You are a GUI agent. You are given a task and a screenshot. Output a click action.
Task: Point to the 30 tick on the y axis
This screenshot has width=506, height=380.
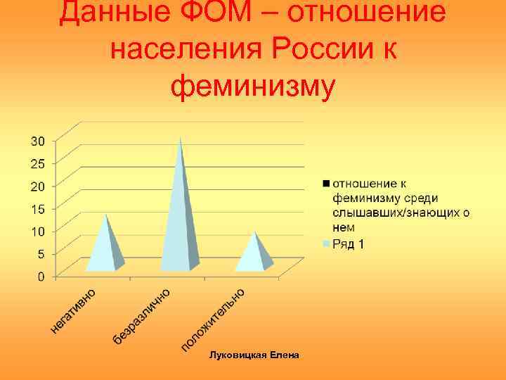point(37,141)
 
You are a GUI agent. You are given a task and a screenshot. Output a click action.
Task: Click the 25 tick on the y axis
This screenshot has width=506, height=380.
point(37,163)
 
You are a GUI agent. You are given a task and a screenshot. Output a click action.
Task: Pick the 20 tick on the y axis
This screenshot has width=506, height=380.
point(37,186)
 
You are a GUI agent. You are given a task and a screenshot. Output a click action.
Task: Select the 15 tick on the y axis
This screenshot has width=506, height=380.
point(37,208)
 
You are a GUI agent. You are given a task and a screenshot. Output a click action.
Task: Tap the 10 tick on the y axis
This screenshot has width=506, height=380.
point(37,231)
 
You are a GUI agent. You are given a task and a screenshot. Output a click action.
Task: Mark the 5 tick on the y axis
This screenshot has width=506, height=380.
point(41,253)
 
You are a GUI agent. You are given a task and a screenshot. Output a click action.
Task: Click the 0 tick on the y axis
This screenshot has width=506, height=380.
point(41,276)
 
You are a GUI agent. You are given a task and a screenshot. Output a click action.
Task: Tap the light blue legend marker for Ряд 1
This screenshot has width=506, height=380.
point(326,244)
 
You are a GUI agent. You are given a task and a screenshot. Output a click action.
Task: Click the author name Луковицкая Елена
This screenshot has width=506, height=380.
point(254,355)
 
